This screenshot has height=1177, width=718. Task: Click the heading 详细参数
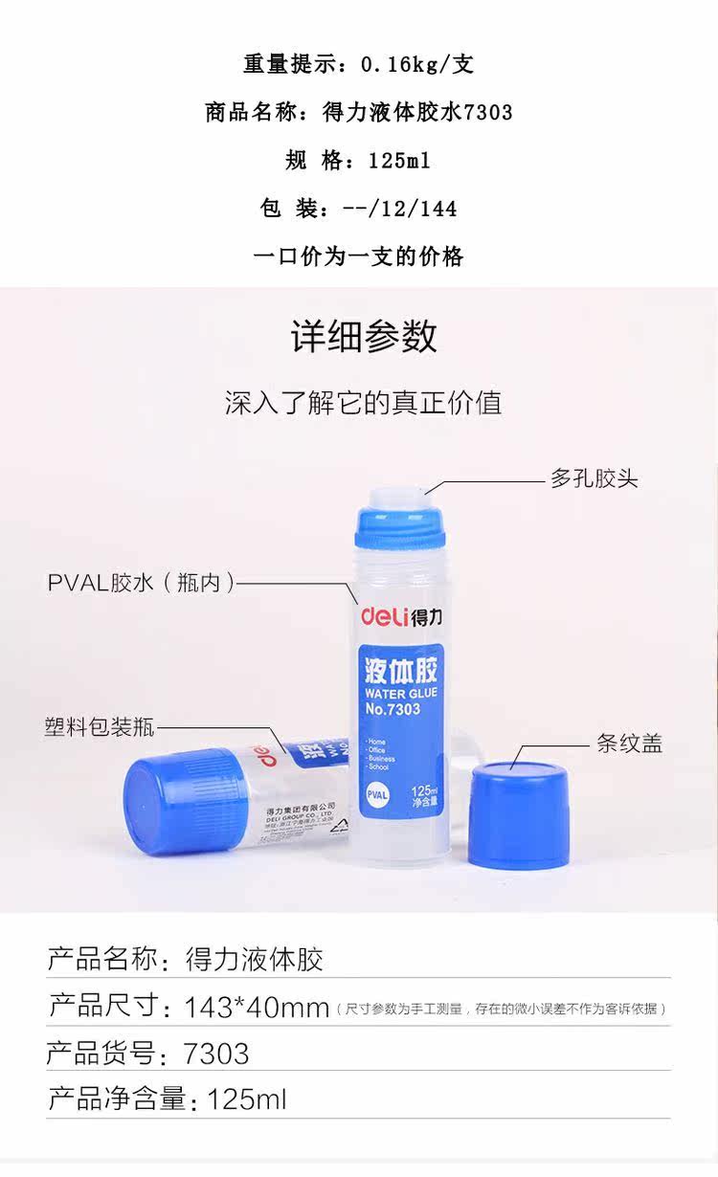[364, 337]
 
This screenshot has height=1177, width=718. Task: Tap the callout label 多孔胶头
[594, 478]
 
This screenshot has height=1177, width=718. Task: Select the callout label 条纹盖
[629, 744]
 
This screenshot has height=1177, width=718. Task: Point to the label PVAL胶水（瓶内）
[141, 583]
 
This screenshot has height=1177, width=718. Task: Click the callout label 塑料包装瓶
[99, 726]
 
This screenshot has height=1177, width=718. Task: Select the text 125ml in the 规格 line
[399, 161]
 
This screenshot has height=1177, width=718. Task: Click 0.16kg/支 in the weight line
[417, 65]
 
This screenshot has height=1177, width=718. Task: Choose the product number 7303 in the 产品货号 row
[216, 1054]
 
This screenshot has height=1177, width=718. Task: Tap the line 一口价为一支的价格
[358, 256]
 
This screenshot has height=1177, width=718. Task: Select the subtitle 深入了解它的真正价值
[363, 402]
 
